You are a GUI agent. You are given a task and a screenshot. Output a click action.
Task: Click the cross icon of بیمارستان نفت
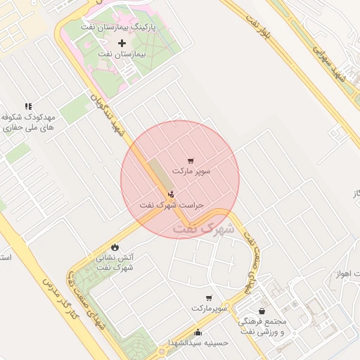(x=122, y=43)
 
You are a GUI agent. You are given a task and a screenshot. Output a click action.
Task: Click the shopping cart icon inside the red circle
(x=191, y=161)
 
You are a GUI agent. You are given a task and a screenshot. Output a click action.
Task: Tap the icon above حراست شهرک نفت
(x=171, y=194)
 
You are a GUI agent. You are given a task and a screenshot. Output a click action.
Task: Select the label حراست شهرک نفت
(x=171, y=205)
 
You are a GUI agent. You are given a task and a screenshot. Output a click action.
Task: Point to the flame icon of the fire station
(x=115, y=247)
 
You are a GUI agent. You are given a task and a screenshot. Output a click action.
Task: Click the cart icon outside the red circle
(x=208, y=298)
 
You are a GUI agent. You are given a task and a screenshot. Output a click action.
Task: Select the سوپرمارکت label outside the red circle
(x=210, y=309)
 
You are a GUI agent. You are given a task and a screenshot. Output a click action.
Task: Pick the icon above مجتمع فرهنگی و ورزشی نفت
(x=262, y=311)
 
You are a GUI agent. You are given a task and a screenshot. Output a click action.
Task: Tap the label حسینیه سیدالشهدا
(x=199, y=343)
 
